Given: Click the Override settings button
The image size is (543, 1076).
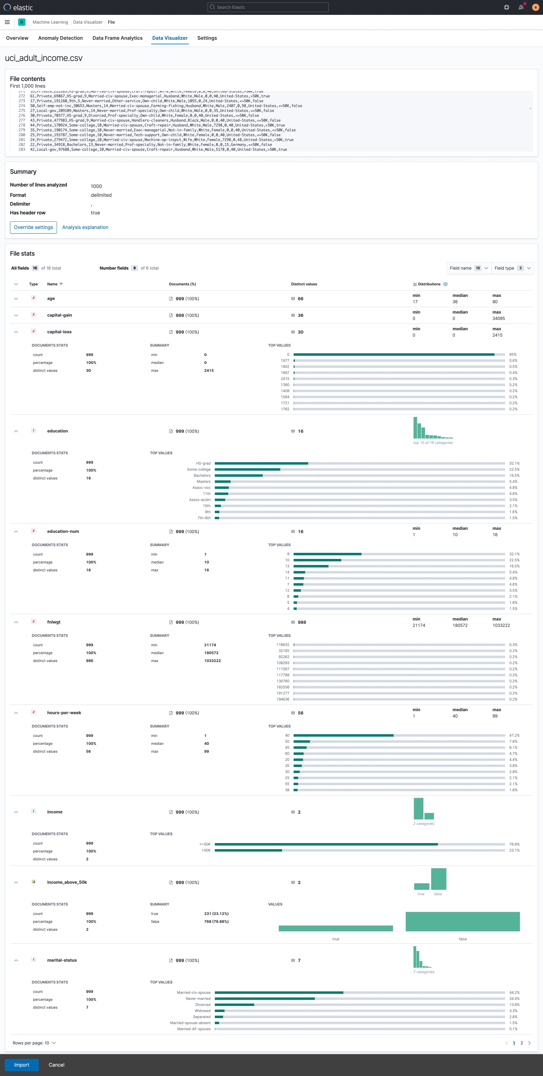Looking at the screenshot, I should (33, 227).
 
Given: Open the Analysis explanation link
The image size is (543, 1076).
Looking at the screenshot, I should (85, 227).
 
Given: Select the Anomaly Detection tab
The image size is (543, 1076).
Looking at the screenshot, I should (61, 38).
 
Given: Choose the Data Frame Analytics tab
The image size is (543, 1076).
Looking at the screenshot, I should (117, 38).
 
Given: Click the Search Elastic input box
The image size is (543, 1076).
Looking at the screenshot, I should (268, 7).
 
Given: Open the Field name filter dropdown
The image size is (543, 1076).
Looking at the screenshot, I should (469, 268).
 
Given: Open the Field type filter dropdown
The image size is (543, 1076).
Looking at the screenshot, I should (512, 268).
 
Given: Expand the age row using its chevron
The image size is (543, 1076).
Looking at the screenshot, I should (16, 299).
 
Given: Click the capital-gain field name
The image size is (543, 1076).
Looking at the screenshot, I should (60, 315).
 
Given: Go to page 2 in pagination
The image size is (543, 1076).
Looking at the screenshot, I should (521, 1043).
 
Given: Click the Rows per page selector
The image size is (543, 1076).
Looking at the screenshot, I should (34, 1043).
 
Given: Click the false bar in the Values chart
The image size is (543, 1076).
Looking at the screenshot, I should (462, 921).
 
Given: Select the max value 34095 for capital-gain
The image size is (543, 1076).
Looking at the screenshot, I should (498, 318).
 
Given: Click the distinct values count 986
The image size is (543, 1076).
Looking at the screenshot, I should (302, 622).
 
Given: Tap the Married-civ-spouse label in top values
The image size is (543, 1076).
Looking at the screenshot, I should (194, 993).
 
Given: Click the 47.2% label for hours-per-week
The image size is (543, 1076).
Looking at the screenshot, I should (514, 735).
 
